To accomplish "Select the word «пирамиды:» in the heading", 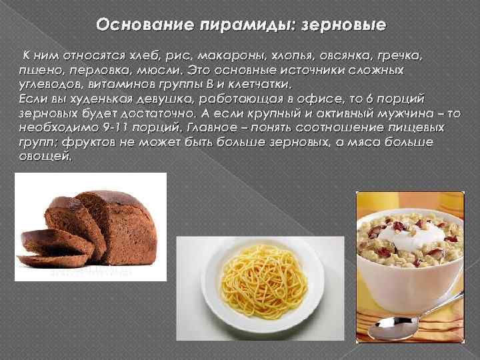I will click(x=241, y=25).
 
